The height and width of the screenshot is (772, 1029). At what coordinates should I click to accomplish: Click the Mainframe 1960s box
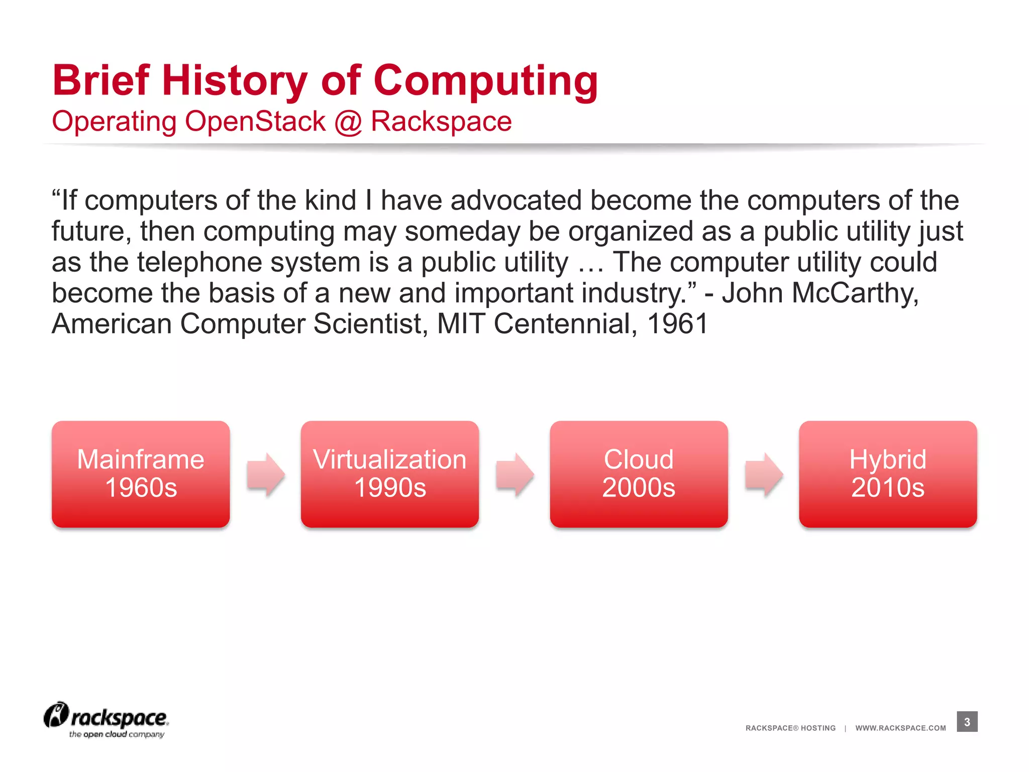coord(141,473)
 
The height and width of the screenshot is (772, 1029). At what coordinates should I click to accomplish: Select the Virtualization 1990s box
coord(389,473)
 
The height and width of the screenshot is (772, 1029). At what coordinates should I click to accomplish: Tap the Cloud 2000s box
coord(639,473)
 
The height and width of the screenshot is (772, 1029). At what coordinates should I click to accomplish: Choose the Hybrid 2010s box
coord(888,473)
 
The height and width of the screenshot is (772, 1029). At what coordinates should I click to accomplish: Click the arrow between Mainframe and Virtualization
coord(265,474)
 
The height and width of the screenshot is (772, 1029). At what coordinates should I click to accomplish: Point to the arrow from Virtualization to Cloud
coord(514,474)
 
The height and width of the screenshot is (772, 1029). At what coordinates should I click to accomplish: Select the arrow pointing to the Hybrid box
coord(764,474)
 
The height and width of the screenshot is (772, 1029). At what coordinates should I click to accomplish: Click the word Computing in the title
coord(485,81)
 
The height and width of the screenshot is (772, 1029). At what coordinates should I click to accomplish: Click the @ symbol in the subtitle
coord(348,122)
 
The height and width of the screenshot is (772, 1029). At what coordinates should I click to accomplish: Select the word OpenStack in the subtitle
coord(255,122)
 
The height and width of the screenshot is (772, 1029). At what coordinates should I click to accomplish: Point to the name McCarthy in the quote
coord(855,293)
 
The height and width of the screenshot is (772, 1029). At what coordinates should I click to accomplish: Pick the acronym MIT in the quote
coord(461,324)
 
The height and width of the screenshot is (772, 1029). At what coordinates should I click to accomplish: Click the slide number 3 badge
coord(967,722)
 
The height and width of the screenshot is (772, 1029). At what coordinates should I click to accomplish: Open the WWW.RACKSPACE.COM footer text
coord(900,728)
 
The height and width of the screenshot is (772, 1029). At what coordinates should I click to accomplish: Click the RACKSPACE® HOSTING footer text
coord(790,728)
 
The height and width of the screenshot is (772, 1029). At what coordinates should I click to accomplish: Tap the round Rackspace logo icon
coord(56,715)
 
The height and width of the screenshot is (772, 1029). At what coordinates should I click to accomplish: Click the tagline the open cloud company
coord(117,734)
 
